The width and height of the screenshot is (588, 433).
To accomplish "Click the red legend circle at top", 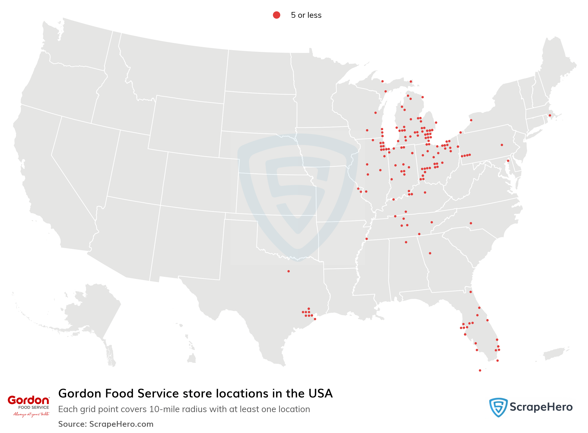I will pos(276,15).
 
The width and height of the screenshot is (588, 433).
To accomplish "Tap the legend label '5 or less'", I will pos(306,15).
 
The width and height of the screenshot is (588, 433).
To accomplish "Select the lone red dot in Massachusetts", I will pos(550,115).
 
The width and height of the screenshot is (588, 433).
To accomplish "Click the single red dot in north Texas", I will pos(288,271).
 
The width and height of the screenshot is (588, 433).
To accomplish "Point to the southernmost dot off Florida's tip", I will pos(480,370).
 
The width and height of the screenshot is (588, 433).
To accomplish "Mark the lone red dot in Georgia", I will pos(430,253).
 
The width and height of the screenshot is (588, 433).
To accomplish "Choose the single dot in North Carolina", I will pos(471,223).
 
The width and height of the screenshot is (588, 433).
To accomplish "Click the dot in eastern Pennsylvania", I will pos(502,145).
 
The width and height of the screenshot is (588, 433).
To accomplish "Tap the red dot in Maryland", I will pos(508,161).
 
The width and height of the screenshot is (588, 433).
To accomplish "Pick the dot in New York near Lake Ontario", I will pos(471,120).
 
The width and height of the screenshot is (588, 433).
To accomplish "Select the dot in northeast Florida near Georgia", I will pos(471,292).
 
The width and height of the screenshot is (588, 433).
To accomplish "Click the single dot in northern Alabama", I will pos(406,242).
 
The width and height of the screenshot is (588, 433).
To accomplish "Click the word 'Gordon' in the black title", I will pos(80,394).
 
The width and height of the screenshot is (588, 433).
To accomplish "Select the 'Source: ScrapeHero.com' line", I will pos(106,424).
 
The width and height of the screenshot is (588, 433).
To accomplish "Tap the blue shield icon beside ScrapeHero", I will pos(498,407).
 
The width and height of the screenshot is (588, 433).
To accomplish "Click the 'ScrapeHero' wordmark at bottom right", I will pos(541,407).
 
